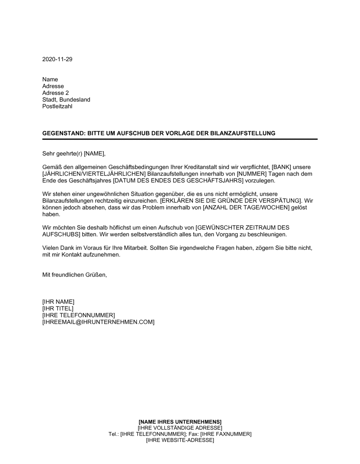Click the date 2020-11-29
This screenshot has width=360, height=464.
pyautogui.click(x=57, y=59)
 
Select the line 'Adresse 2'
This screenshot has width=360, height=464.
pyautogui.click(x=55, y=93)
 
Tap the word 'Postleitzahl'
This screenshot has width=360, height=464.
pyautogui.click(x=57, y=106)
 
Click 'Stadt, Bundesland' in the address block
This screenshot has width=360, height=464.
pyautogui.click(x=66, y=100)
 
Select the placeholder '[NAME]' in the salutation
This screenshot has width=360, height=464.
pyautogui.click(x=94, y=154)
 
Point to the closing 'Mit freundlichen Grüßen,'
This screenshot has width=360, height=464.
pyautogui.click(x=75, y=275)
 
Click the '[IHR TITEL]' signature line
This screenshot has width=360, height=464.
pyautogui.click(x=58, y=309)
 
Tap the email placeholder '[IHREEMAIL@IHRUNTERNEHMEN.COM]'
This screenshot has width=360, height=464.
pyautogui.click(x=98, y=322)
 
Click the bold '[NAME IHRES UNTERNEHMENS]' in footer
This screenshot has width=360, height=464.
pyautogui.click(x=180, y=422)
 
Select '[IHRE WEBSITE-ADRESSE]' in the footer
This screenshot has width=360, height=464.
pyautogui.click(x=180, y=440)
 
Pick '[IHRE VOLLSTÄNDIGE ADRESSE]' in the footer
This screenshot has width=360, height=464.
pyautogui.click(x=180, y=428)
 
